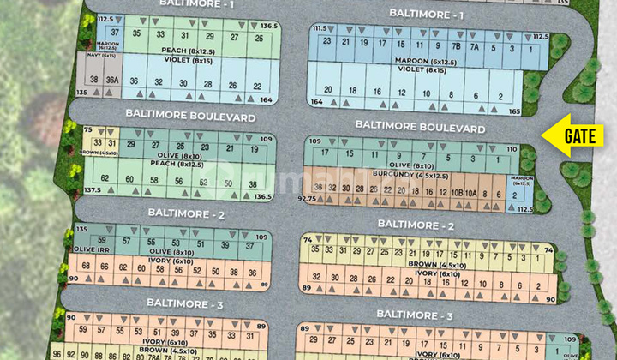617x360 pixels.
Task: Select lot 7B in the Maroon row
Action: [x=457, y=46]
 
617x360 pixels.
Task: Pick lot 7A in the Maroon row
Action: [x=473, y=46]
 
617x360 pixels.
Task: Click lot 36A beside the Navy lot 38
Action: [x=111, y=81]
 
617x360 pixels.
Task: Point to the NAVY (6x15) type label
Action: [x=102, y=56]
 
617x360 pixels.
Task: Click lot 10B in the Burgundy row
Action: [x=453, y=192]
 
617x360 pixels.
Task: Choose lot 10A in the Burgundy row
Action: [x=470, y=192]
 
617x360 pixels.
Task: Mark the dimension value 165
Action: [x=514, y=112]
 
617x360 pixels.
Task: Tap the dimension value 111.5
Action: [x=320, y=27]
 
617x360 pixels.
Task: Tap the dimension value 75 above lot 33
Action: [x=88, y=129]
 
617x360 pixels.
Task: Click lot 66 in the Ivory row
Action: [x=104, y=267]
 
